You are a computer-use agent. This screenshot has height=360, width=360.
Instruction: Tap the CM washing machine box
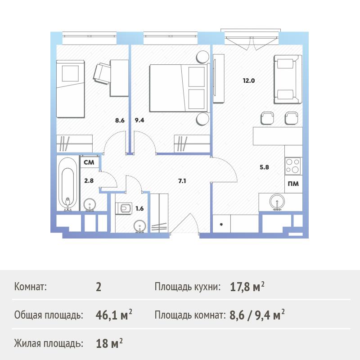click(89, 162)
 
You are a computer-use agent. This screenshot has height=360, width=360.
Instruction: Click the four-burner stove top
click(293, 166)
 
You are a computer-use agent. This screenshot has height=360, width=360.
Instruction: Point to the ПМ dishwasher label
click(293, 184)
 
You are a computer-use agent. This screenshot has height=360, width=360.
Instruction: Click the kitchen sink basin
click(277, 202)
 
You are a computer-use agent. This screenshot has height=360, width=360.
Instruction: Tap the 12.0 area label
click(249, 81)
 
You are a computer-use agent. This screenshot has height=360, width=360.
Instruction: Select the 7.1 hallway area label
click(182, 181)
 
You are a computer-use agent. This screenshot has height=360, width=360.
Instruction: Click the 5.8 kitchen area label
click(264, 167)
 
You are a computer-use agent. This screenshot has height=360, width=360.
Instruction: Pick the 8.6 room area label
click(120, 120)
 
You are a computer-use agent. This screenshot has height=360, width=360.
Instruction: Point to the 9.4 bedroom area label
click(139, 120)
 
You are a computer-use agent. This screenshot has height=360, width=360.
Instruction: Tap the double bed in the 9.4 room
click(180, 88)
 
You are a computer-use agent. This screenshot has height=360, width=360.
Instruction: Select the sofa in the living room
click(288, 80)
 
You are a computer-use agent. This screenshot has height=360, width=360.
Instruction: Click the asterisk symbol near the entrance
click(221, 225)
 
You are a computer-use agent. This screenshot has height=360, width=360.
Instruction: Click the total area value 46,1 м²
click(114, 315)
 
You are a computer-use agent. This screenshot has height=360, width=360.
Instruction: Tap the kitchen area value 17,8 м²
click(247, 287)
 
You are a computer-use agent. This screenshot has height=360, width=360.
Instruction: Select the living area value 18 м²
click(109, 343)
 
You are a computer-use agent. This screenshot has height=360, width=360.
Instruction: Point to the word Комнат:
click(30, 287)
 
